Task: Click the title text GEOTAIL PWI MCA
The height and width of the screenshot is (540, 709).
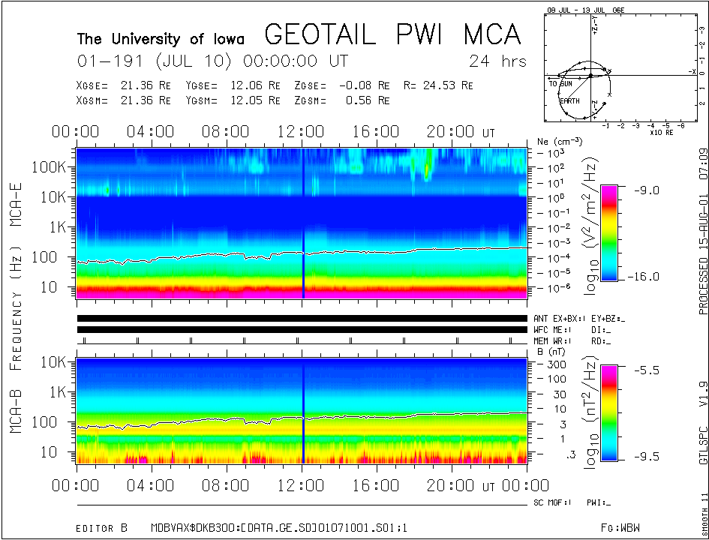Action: click(392, 34)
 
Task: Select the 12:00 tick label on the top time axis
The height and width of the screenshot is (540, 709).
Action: click(301, 132)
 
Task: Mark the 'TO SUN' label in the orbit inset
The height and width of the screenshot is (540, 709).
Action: click(560, 83)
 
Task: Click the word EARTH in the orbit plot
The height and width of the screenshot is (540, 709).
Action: click(569, 100)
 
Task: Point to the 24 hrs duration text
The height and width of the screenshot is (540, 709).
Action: click(497, 61)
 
